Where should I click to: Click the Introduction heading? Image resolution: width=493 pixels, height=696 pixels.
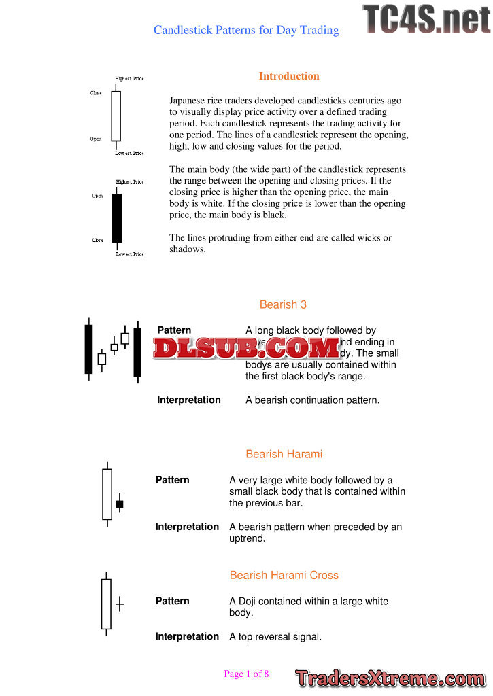coord(289,76)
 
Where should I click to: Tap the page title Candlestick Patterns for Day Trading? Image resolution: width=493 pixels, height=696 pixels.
coord(246,30)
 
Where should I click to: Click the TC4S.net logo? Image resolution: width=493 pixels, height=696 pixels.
coord(426,19)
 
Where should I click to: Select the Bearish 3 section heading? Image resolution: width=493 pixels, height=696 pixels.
coord(283,304)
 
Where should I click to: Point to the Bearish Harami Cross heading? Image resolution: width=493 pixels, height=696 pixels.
coord(284,575)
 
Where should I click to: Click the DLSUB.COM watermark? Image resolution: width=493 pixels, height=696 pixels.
coord(246,348)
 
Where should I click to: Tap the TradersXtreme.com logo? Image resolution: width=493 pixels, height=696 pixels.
coord(390,678)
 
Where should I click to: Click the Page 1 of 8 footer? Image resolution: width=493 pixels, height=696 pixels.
coord(246,674)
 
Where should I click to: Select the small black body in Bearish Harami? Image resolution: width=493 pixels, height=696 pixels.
coord(120,504)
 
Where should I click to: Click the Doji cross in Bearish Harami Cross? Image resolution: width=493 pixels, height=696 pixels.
coord(120,603)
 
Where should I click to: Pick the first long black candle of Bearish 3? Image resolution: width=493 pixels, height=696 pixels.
coord(88,349)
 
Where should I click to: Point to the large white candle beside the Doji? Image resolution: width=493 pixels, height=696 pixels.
coord(105,604)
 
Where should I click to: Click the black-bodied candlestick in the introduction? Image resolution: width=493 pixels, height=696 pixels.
coord(117,218)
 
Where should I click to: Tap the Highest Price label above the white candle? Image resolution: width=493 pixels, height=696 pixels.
coord(129,79)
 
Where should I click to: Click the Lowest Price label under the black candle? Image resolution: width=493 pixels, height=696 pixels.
coord(129,254)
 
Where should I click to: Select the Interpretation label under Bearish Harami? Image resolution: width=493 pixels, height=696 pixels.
coord(187,527)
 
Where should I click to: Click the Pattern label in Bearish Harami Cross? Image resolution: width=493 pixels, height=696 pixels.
coord(172,601)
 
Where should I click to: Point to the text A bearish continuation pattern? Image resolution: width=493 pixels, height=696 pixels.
coord(312,400)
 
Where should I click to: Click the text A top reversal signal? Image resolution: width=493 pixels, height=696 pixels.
coord(275,637)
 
